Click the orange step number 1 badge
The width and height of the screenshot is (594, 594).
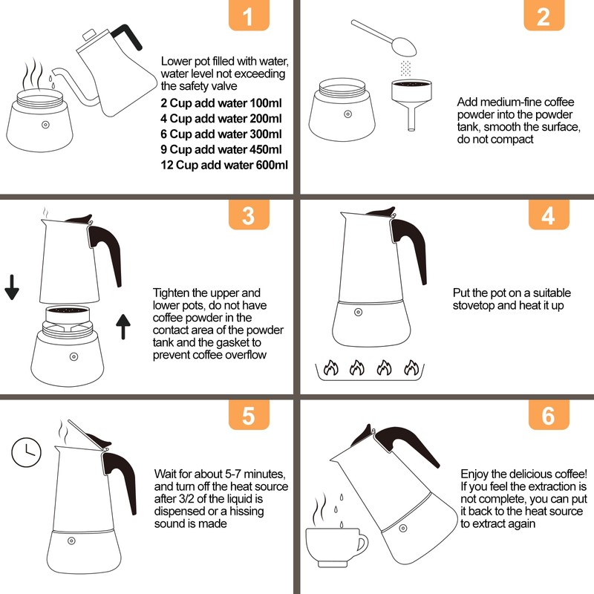click(249, 15)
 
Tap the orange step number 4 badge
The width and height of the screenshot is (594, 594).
click(549, 215)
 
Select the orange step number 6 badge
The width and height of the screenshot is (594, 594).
click(549, 415)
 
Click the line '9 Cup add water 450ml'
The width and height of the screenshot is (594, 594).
click(221, 149)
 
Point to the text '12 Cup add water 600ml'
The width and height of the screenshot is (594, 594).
click(224, 165)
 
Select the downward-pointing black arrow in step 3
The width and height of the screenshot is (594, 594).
click(12, 287)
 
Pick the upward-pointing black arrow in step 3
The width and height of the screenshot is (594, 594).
click(123, 327)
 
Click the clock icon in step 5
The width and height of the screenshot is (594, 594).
click(26, 452)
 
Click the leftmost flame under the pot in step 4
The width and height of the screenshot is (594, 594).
click(330, 368)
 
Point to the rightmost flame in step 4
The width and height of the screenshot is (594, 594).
click(411, 368)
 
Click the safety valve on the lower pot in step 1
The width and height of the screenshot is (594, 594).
click(45, 125)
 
